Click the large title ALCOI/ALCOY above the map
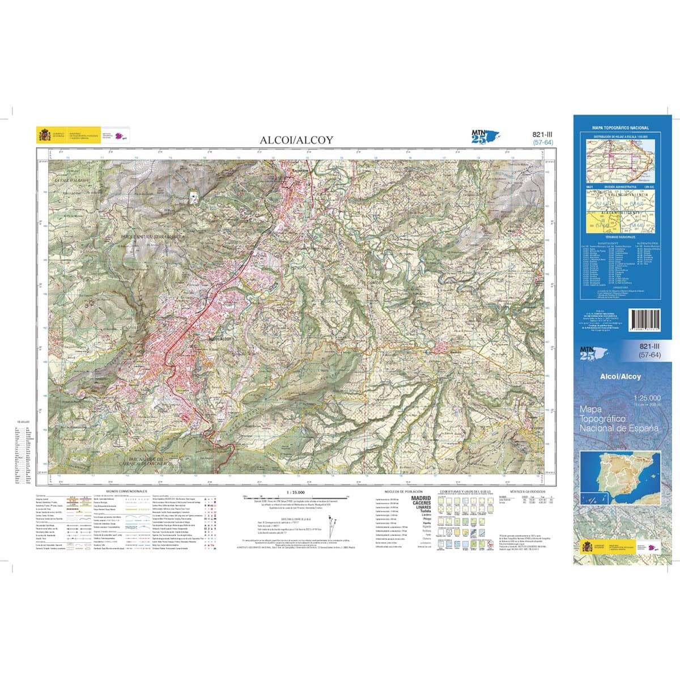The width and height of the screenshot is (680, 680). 296,139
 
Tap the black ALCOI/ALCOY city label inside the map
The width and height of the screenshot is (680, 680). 220,338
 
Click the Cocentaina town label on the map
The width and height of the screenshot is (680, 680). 299,168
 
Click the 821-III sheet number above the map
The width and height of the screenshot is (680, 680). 543,134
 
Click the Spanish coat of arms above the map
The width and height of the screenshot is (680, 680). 44,135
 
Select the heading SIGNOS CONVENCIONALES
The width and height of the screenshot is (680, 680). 126,491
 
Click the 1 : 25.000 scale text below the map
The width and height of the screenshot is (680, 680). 296,492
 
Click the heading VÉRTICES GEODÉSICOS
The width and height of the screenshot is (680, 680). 527,491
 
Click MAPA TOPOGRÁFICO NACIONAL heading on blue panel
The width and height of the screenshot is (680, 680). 620,129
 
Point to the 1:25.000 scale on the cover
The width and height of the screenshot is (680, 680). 646,401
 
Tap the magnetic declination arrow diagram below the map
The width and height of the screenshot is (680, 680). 329,525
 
